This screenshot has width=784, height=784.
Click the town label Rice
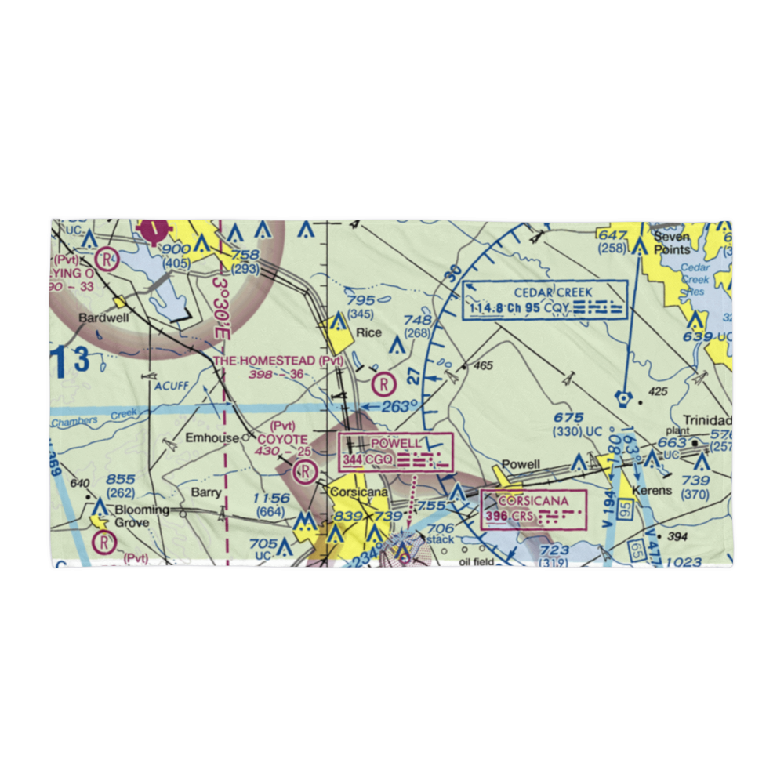368,332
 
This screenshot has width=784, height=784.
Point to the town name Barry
207,493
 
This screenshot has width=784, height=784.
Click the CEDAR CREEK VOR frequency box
546,300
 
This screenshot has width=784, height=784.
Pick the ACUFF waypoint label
172,385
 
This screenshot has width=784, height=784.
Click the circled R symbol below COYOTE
304,471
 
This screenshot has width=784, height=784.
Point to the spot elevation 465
483,365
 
